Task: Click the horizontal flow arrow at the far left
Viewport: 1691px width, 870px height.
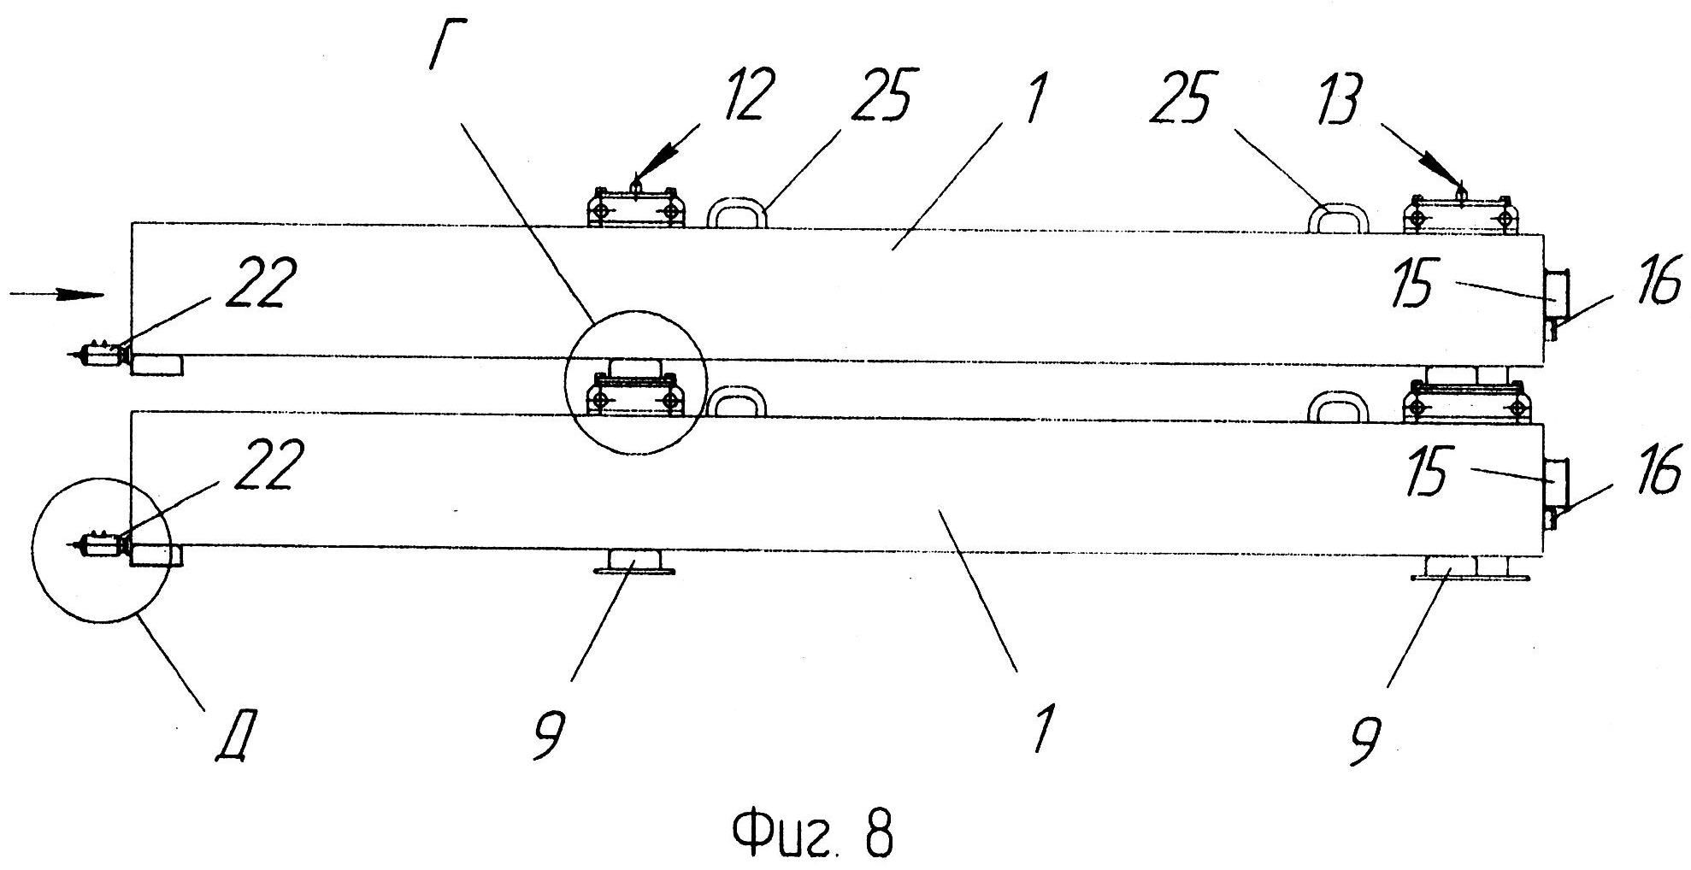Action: coord(56,295)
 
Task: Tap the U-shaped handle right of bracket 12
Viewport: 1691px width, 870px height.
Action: coord(739,213)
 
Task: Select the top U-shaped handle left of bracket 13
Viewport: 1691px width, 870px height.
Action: coord(1339,217)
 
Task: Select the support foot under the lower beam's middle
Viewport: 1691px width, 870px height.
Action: coord(635,563)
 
